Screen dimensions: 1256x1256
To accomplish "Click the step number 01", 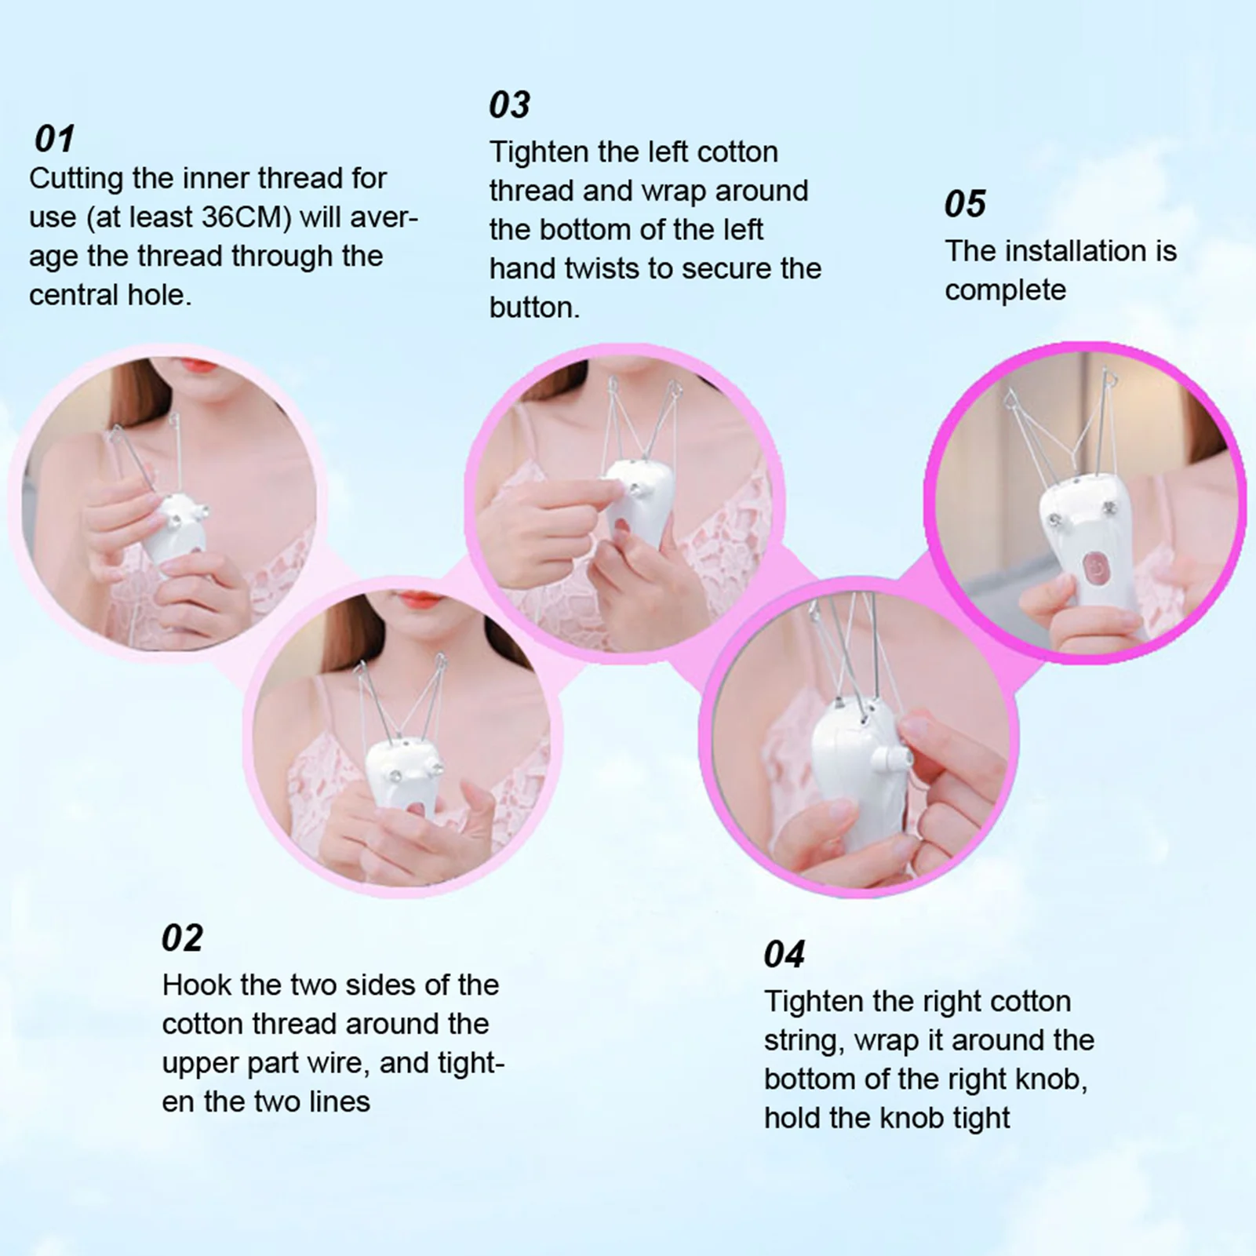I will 55,139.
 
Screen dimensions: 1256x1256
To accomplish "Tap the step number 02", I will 182,937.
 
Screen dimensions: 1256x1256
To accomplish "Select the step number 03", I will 509,104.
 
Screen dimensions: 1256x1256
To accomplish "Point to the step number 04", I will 784,955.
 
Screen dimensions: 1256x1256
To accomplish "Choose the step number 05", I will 964,204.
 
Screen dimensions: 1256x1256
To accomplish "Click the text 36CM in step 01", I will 246,217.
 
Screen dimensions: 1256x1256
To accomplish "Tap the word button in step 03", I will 533,308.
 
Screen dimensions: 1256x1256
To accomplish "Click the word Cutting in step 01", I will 76,179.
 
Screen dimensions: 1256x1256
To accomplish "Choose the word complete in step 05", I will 1005,290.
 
